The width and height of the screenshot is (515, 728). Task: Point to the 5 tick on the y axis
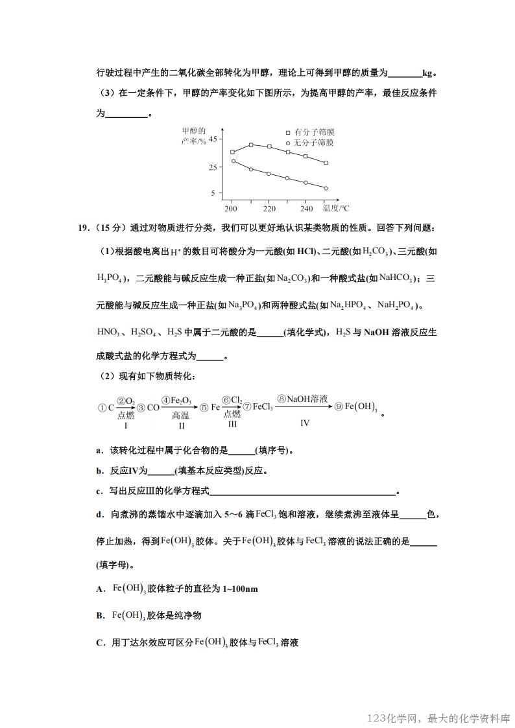[212, 193]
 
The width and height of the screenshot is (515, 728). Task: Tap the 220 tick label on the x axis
[269, 209]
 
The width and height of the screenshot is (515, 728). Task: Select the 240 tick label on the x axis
[307, 209]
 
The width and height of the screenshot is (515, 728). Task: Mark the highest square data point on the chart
[251, 145]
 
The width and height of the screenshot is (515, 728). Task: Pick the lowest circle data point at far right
[326, 188]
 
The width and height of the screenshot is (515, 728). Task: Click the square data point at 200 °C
[232, 152]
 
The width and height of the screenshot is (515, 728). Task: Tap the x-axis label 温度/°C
[336, 208]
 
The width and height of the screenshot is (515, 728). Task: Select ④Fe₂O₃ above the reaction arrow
[176, 401]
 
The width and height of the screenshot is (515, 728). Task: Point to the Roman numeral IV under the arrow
[305, 423]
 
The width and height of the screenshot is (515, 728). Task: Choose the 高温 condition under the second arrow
[181, 416]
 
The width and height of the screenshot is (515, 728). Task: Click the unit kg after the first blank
[427, 73]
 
